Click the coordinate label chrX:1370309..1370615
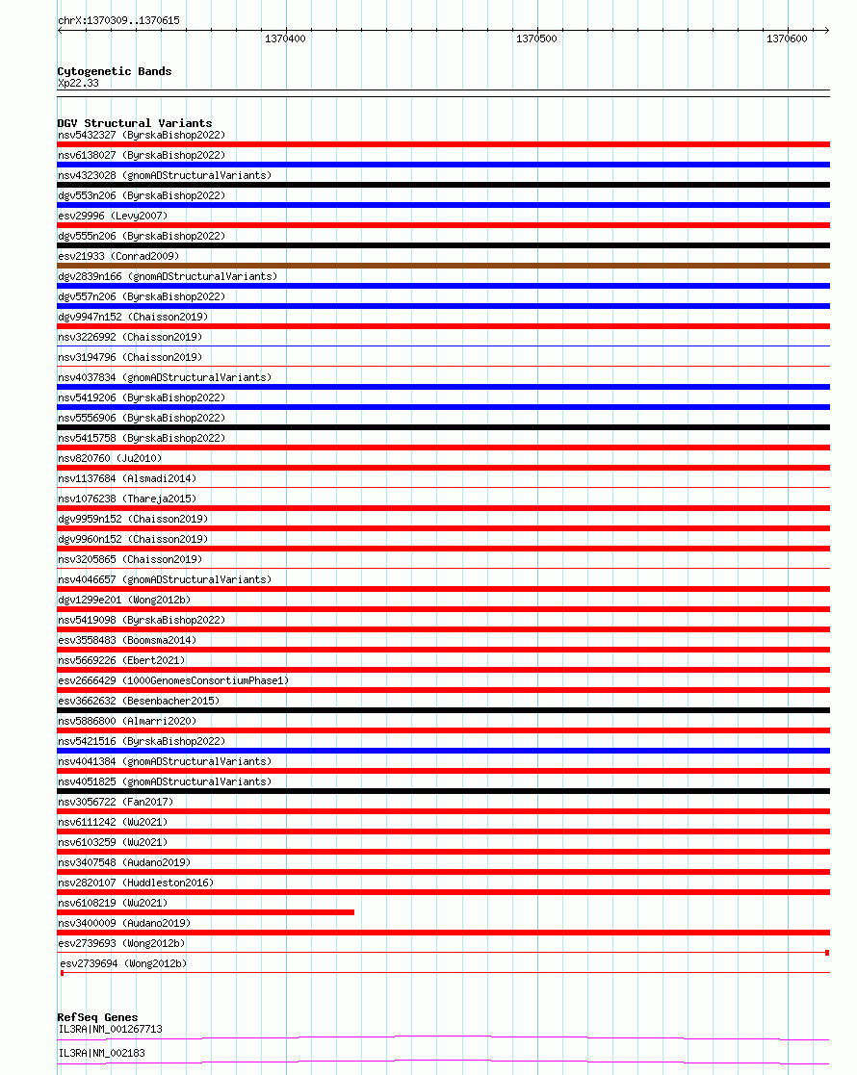pyautogui.click(x=118, y=20)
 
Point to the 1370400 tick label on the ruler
pyautogui.click(x=285, y=38)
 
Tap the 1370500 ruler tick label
pyautogui.click(x=536, y=38)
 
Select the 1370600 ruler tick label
pyautogui.click(x=787, y=38)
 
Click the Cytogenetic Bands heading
pyautogui.click(x=114, y=71)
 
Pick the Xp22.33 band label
pyautogui.click(x=78, y=83)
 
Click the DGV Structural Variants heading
pyautogui.click(x=134, y=123)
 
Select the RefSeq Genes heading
pyautogui.click(x=97, y=1017)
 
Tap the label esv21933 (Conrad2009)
pyautogui.click(x=118, y=256)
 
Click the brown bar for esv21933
pyautogui.click(x=443, y=266)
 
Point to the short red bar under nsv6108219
pyautogui.click(x=206, y=912)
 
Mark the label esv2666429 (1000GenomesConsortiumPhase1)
pyautogui.click(x=173, y=680)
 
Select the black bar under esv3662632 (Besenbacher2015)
pyautogui.click(x=443, y=710)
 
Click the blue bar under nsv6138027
pyautogui.click(x=443, y=165)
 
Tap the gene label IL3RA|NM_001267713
pyautogui.click(x=110, y=1029)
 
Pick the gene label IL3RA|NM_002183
pyautogui.click(x=101, y=1053)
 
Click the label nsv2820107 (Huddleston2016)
pyautogui.click(x=136, y=883)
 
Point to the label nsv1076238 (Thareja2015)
pyautogui.click(x=126, y=499)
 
